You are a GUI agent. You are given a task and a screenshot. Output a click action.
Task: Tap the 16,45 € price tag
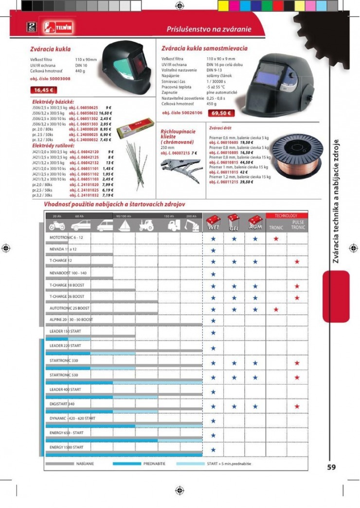tap(44, 90)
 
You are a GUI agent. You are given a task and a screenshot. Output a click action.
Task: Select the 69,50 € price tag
tap(221, 113)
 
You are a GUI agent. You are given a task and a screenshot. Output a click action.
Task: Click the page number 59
tap(331, 467)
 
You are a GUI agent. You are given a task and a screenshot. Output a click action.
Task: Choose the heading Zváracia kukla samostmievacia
tap(204, 49)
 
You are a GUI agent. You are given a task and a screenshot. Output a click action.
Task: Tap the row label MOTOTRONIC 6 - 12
tap(67, 237)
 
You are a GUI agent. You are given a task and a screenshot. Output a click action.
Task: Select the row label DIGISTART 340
tap(62, 403)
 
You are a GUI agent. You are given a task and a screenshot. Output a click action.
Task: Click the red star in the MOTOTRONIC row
tap(276, 239)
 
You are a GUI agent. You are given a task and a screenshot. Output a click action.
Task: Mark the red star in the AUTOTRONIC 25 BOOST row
tap(276, 309)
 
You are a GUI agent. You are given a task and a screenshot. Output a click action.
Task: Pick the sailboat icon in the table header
tap(124, 226)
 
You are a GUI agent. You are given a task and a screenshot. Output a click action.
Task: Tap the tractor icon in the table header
tap(146, 226)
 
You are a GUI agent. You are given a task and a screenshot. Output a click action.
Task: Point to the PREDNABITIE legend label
tap(154, 464)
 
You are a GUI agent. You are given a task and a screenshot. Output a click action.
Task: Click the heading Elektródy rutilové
tap(53, 145)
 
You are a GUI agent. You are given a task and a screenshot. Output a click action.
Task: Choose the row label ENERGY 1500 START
tap(67, 447)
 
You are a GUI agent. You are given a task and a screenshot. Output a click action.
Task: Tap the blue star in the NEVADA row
tap(213, 250)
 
